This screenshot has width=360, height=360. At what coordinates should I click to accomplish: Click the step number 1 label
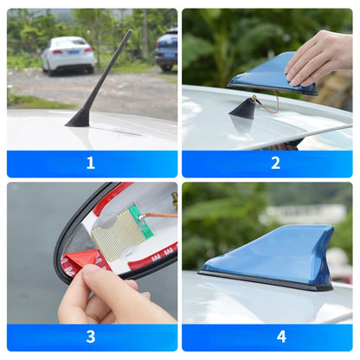pos(91,163)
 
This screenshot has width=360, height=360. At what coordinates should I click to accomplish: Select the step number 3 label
pos(91,337)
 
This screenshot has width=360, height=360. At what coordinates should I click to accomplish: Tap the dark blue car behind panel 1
pos(167,50)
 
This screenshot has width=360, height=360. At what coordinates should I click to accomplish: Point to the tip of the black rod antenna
pos(130,33)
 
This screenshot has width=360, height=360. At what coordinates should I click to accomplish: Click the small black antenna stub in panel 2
pos(244,109)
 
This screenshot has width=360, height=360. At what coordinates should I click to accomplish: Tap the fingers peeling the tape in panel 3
pos(95,294)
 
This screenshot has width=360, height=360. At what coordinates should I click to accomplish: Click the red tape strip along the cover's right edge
pos(151,256)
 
